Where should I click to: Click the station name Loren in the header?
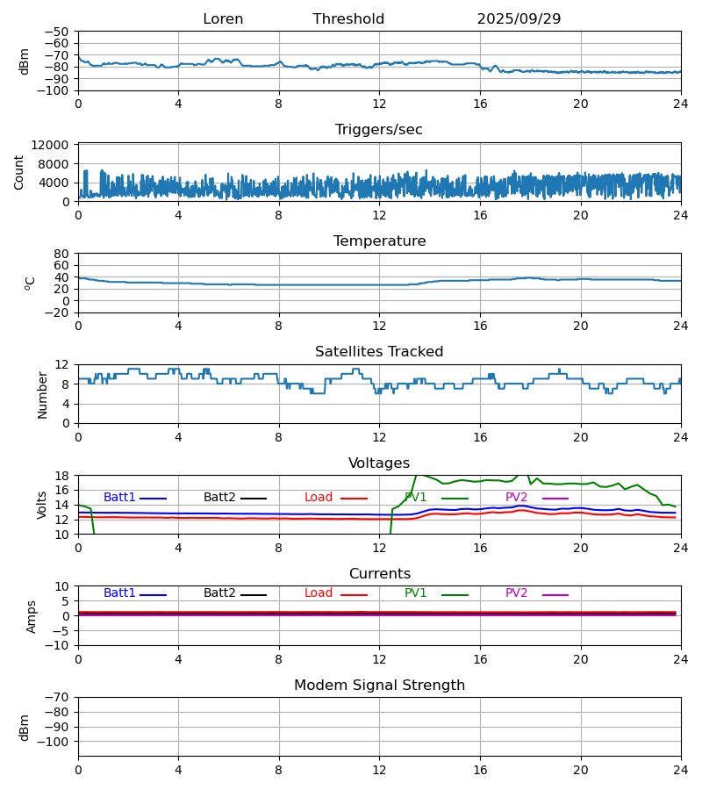pos(223,19)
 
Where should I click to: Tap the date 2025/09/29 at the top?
pos(519,19)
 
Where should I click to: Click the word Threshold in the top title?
pos(348,19)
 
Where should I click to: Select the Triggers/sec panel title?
pos(379,130)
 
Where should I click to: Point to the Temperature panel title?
pos(379,241)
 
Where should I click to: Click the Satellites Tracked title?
pos(379,352)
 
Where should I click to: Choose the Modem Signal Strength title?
pos(379,686)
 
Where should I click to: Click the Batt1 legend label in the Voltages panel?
pos(119,498)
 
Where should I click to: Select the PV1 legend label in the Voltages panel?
pos(416,498)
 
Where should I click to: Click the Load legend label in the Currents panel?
pos(319,593)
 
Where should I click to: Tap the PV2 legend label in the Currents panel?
pos(517,593)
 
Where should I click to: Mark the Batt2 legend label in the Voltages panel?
pos(219,498)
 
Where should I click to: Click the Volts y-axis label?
pos(42,505)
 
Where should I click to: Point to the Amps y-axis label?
pos(32,616)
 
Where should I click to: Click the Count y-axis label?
pos(19,172)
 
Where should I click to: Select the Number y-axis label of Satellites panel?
pos(42,394)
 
